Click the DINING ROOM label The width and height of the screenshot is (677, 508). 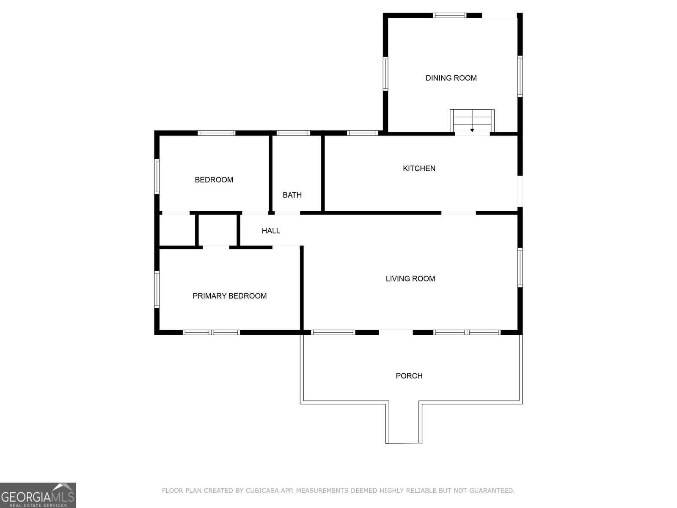click(451, 78)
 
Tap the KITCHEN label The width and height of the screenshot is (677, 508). click(419, 168)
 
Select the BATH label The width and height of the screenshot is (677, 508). click(292, 195)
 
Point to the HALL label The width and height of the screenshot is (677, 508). click(271, 231)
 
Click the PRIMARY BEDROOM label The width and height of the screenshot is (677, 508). click(230, 296)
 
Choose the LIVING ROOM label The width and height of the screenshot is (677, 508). click(410, 279)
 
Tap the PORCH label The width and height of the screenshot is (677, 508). click(409, 375)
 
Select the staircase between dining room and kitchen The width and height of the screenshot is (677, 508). click(472, 121)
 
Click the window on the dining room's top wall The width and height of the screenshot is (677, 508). click(450, 15)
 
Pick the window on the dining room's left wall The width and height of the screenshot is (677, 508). click(385, 74)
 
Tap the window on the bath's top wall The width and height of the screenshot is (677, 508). click(293, 133)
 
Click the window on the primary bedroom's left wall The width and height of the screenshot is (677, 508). click(157, 289)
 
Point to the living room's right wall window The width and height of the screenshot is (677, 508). click(520, 268)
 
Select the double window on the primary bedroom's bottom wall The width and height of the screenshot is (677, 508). click(211, 332)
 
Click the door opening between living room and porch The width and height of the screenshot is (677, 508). click(396, 332)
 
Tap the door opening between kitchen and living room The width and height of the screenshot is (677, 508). click(459, 213)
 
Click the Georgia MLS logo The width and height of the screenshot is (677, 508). click(38, 495)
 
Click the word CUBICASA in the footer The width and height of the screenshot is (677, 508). click(262, 490)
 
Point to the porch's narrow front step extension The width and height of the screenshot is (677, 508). click(404, 422)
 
